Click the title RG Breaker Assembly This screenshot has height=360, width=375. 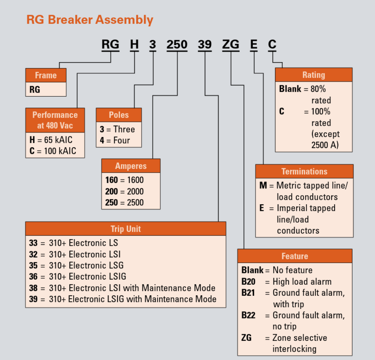point(90,20)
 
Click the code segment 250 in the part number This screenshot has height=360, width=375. point(177,45)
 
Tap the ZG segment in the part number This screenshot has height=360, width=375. point(231,45)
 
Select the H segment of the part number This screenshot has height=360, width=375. point(135,45)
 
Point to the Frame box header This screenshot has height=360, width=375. point(46,75)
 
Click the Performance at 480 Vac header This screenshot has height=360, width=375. point(55,120)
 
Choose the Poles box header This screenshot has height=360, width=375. point(119,115)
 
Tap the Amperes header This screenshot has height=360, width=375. point(131,166)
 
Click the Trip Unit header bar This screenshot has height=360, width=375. point(126,229)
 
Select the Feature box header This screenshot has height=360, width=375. point(294,256)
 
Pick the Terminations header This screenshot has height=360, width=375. point(304,172)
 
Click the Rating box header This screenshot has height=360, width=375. point(314,75)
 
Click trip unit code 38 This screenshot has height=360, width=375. point(33,288)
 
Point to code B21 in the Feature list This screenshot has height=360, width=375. point(249,293)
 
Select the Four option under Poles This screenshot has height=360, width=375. point(121,140)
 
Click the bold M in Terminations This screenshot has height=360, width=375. point(263,186)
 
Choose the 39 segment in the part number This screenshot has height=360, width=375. point(205,45)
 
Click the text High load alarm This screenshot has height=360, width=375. point(302,282)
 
